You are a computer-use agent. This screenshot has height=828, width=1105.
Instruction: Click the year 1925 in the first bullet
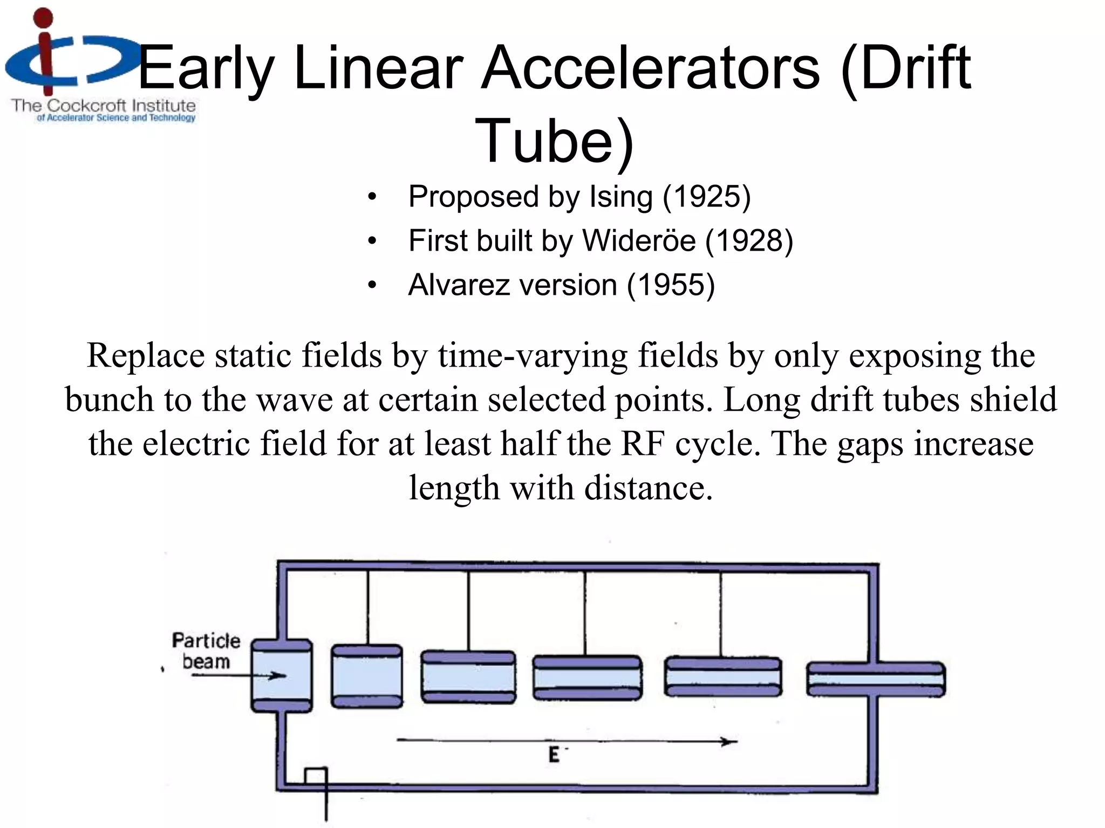click(706, 197)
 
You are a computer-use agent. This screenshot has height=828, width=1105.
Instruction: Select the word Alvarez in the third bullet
click(459, 285)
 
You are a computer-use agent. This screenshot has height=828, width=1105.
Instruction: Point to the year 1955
click(670, 285)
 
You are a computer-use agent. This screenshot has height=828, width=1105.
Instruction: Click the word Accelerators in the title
click(651, 69)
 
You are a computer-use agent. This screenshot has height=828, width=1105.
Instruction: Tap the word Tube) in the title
click(554, 141)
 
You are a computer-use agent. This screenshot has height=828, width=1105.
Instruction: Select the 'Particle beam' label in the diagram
click(206, 651)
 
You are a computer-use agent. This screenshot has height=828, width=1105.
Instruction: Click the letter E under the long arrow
click(554, 755)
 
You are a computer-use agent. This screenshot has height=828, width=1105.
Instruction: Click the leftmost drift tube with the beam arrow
click(282, 676)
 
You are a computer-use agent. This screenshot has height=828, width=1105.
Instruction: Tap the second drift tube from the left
click(367, 676)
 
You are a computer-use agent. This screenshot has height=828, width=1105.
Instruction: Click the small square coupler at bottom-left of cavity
click(316, 776)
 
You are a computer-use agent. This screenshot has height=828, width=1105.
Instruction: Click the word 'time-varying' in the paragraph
click(533, 356)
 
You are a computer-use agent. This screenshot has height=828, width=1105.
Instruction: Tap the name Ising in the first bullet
click(621, 197)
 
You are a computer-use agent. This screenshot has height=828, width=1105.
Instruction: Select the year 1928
click(749, 240)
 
